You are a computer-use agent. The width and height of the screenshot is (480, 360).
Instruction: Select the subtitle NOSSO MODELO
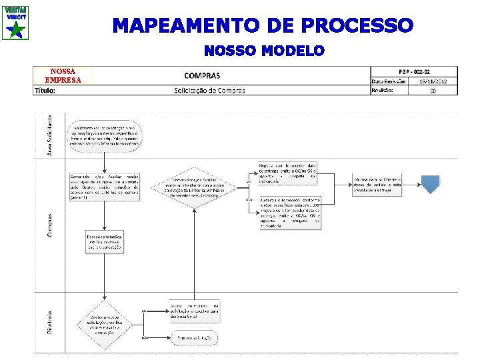[264, 51]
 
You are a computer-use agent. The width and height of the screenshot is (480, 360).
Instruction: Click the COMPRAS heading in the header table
[202, 76]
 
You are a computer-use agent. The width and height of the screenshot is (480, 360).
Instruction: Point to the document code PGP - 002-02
[414, 71]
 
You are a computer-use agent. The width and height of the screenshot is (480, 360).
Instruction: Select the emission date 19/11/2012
[433, 81]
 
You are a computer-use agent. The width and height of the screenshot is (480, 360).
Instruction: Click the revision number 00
[433, 91]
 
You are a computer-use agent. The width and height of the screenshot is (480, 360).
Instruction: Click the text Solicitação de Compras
[209, 91]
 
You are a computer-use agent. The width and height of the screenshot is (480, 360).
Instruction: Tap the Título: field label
[45, 91]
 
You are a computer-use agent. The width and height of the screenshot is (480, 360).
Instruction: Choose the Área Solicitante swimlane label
[48, 135]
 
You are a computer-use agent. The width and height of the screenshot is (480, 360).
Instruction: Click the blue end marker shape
[430, 181]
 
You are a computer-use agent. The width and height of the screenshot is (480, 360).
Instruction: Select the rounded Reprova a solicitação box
[194, 339]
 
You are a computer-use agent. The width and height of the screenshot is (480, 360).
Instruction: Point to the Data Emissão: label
[389, 81]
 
